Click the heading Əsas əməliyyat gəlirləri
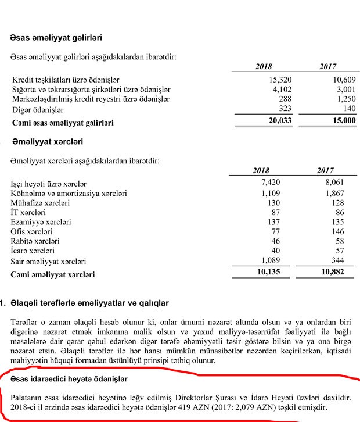coord(56,38)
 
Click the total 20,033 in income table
coord(268,121)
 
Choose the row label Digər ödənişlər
coord(38,110)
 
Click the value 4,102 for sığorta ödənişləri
coord(270,89)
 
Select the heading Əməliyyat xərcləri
coord(46,141)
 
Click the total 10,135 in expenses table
coord(268,273)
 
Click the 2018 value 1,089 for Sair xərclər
coord(270,261)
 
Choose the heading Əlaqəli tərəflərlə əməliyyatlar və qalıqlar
coord(89,303)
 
